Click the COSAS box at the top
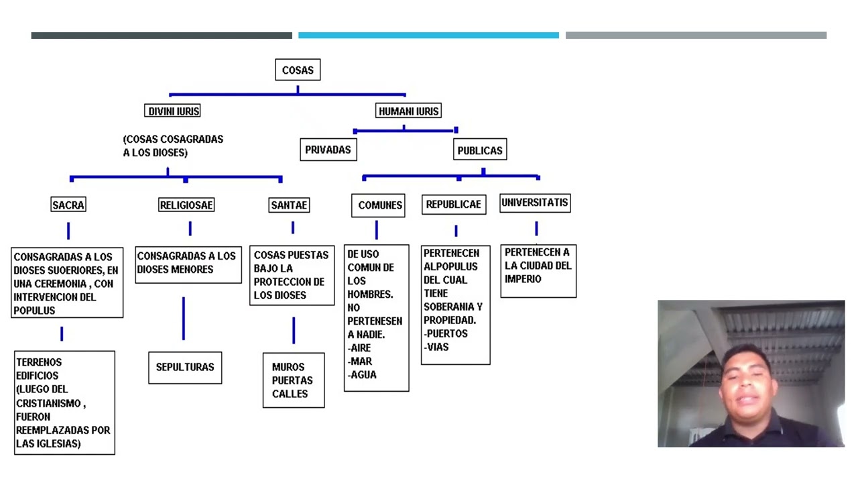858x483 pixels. pyautogui.click(x=298, y=70)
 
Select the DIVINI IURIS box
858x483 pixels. pyautogui.click(x=172, y=111)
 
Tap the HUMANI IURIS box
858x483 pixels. pyautogui.click(x=408, y=111)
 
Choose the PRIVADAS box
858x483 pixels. pyautogui.click(x=328, y=150)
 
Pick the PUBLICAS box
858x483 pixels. pyautogui.click(x=480, y=150)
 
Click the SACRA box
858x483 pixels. pyautogui.click(x=68, y=205)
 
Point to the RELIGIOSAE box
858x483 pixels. pyautogui.click(x=186, y=205)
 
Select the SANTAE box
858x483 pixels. pyautogui.click(x=289, y=205)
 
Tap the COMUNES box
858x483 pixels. pyautogui.click(x=378, y=205)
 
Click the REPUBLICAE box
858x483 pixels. pyautogui.click(x=454, y=205)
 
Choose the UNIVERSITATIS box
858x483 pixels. pyautogui.click(x=535, y=203)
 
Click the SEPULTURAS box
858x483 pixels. pyautogui.click(x=185, y=368)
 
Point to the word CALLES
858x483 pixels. pyautogui.click(x=290, y=394)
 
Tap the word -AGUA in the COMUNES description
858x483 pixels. pyautogui.click(x=362, y=374)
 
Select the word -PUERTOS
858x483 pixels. pyautogui.click(x=446, y=333)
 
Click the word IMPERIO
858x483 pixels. pyautogui.click(x=523, y=278)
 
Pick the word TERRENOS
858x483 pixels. pyautogui.click(x=39, y=362)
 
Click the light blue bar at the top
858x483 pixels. pyautogui.click(x=428, y=36)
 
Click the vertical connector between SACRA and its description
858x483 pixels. pyautogui.click(x=68, y=231)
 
